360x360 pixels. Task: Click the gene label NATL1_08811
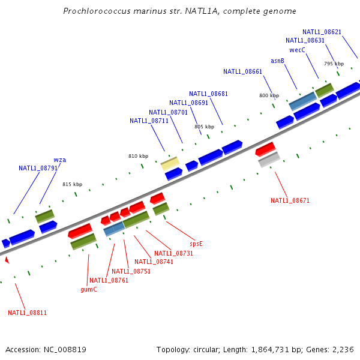point(27,313)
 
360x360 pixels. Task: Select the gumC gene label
point(89,289)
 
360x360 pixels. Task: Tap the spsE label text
point(196,244)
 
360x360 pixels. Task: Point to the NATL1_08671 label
point(290,200)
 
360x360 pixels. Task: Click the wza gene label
point(60,160)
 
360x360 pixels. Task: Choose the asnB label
point(277,61)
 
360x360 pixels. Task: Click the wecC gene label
point(298,50)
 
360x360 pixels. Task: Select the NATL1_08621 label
point(322,32)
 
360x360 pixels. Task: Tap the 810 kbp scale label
point(138,156)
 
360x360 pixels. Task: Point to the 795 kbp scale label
point(334,64)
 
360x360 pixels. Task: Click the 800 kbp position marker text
point(269,95)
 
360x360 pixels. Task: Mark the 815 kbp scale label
point(72,184)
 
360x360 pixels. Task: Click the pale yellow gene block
point(170,163)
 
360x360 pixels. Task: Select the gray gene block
point(269,160)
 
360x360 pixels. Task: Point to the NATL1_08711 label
point(149,121)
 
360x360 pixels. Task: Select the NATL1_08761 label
point(109,280)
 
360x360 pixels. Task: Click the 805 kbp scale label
point(204,127)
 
